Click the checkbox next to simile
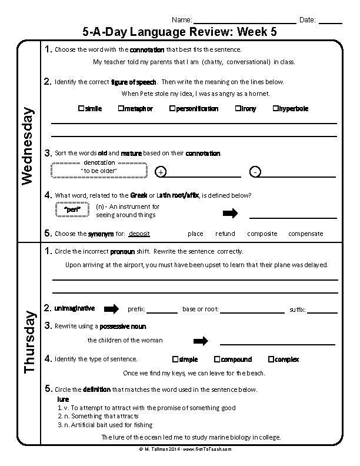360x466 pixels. tap(81, 109)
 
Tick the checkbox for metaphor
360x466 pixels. tap(121, 109)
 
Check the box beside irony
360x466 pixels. tap(238, 109)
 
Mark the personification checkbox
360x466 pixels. tap(172, 109)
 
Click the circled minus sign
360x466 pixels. tap(254, 172)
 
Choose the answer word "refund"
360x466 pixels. tap(225, 234)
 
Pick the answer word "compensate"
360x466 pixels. tap(305, 234)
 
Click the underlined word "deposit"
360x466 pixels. tap(139, 234)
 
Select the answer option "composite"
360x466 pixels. tap(262, 234)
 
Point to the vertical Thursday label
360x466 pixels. tap(27, 341)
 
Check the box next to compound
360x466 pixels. tap(217, 359)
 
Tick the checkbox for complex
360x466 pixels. tap(271, 359)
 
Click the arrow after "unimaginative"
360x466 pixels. tap(111, 309)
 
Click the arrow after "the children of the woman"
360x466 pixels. tap(201, 341)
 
